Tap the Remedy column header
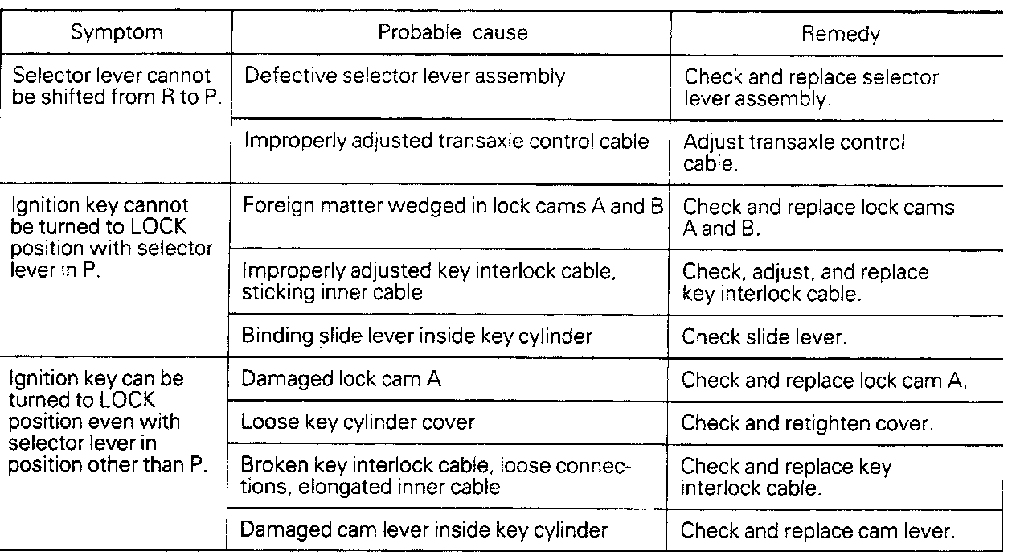(840, 34)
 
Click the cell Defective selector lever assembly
(404, 76)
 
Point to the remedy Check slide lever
(764, 336)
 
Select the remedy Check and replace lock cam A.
(823, 380)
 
